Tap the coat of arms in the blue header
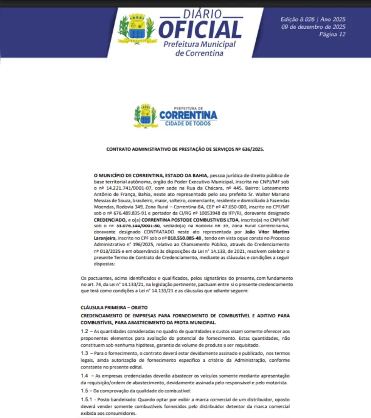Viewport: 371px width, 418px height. pos(137,29)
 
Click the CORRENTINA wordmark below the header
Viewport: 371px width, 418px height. pos(188,114)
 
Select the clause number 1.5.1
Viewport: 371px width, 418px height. pos(87,400)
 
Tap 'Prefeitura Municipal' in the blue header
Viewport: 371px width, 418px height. pos(199,45)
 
